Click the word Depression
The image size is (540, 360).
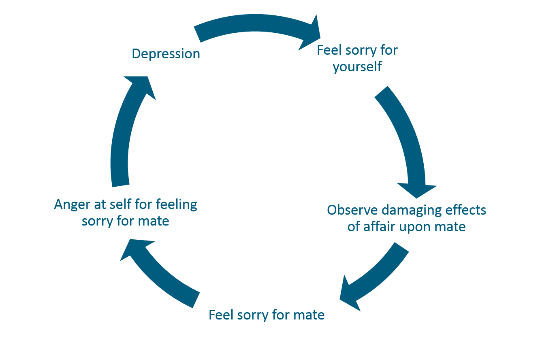pyautogui.click(x=166, y=54)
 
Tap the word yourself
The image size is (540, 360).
pyautogui.click(x=357, y=66)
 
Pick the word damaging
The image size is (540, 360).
pyautogui.click(x=405, y=210)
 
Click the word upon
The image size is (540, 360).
pyautogui.click(x=415, y=227)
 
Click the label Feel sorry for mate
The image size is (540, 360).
pyautogui.click(x=267, y=315)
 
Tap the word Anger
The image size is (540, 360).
pyautogui.click(x=71, y=204)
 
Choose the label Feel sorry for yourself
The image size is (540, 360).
pyautogui.click(x=357, y=58)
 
